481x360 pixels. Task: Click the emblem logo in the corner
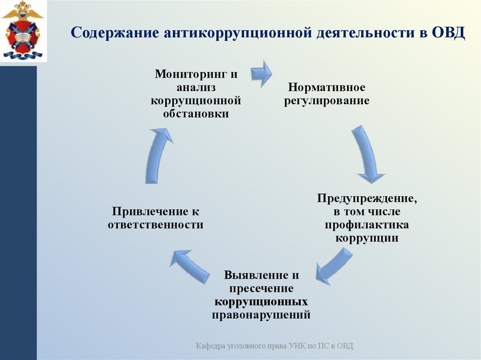point(22,31)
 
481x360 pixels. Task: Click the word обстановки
point(196,114)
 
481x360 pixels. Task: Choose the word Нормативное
point(326,87)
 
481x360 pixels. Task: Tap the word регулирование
point(326,100)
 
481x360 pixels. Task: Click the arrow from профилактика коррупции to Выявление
point(334,266)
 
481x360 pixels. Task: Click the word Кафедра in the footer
point(211,346)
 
